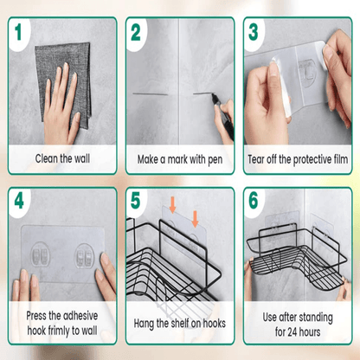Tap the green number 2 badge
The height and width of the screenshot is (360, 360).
pyautogui.click(x=137, y=33)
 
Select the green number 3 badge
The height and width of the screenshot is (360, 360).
pyautogui.click(x=254, y=33)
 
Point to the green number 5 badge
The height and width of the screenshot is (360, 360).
pyautogui.click(x=137, y=203)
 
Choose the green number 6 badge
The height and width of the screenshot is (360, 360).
pyautogui.click(x=254, y=203)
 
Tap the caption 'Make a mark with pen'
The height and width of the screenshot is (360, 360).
pyautogui.click(x=179, y=158)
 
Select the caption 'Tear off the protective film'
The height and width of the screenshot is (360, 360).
pyautogui.click(x=298, y=158)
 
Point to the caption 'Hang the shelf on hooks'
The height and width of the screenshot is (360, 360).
pyautogui.click(x=179, y=324)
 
